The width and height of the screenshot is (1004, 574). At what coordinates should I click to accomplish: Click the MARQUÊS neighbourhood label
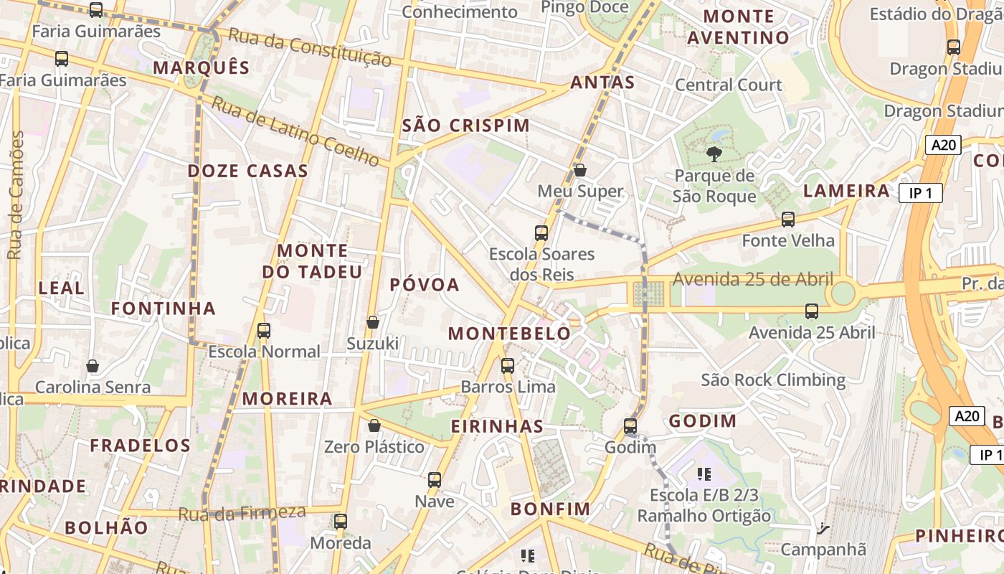pos(201,68)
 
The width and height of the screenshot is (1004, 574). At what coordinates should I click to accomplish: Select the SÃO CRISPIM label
pos(465,126)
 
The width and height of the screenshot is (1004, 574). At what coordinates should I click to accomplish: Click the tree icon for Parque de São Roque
pos(714,153)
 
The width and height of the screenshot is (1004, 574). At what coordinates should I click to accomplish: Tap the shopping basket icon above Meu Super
pos(580,170)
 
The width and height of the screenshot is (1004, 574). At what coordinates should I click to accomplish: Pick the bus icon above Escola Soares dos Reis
pos(541,232)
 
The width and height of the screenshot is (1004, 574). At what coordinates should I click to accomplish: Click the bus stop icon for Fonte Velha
pos(788,220)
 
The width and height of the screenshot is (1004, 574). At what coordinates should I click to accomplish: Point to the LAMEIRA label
pos(846,191)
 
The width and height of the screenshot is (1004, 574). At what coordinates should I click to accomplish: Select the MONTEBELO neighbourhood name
pos(509,334)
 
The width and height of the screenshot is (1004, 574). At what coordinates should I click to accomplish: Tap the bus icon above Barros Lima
pos(508,366)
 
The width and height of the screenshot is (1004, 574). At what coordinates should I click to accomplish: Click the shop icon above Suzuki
pos(373,323)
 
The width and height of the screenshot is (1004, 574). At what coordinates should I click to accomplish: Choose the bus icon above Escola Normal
pos(264,330)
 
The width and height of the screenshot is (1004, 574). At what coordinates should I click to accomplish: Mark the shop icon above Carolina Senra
pos(93,366)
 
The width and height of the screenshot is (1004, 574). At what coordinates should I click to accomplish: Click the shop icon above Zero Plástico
pos(374,425)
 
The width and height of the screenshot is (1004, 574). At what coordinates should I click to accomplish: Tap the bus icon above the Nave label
pos(435,479)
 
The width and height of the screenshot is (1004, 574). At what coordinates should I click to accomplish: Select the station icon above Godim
pos(630,425)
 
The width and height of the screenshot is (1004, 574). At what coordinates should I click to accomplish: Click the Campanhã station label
pos(823,550)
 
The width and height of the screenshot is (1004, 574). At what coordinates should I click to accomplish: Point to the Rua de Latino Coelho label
pos(295,131)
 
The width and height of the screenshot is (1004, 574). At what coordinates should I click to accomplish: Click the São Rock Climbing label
pos(773,380)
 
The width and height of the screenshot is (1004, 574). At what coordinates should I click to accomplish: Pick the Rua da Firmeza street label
pos(242,513)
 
